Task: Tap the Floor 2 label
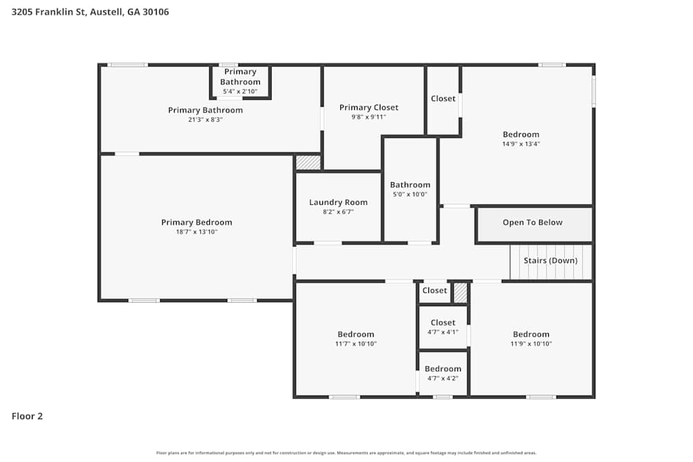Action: [x=27, y=416]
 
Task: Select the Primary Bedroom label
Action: [x=197, y=222]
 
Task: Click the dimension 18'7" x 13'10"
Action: [x=197, y=232]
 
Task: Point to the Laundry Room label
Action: [x=338, y=202]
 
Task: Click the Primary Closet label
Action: [x=369, y=107]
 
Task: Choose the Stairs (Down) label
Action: [x=550, y=260]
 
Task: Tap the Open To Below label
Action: [x=532, y=222]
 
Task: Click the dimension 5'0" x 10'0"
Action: [x=410, y=195]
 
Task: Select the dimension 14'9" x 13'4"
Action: [x=520, y=144]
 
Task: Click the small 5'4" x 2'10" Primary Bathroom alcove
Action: [x=240, y=82]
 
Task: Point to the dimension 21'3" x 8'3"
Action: [x=205, y=119]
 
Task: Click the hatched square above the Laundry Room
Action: [x=308, y=163]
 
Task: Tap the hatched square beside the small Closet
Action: [x=460, y=293]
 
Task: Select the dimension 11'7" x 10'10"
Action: [x=356, y=344]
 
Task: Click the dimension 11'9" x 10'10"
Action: [x=531, y=344]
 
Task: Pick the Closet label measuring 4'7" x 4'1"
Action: [x=443, y=322]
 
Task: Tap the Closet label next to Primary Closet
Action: [x=443, y=98]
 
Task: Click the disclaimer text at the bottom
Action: [x=346, y=453]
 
